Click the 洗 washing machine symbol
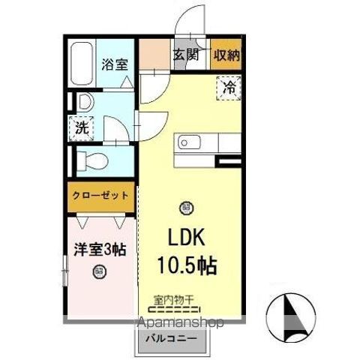click(x=82, y=127)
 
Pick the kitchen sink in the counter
click(x=187, y=142)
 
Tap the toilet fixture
click(x=94, y=159)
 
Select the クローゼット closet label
click(x=100, y=196)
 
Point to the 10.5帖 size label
click(x=187, y=265)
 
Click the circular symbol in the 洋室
click(x=98, y=273)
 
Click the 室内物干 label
click(x=173, y=298)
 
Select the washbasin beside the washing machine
click(x=82, y=101)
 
